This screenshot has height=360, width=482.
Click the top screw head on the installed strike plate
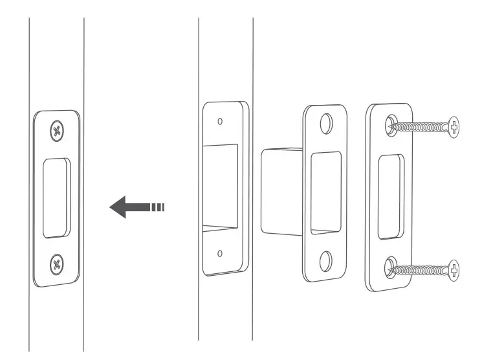pyautogui.click(x=57, y=132)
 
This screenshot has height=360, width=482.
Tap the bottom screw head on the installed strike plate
pyautogui.click(x=57, y=263)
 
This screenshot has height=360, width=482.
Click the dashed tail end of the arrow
pyautogui.click(x=159, y=207)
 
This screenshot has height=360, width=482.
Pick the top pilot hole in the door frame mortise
pyautogui.click(x=220, y=121)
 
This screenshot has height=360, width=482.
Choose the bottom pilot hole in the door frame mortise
pyautogui.click(x=220, y=253)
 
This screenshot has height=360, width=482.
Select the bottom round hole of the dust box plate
pyautogui.click(x=327, y=260)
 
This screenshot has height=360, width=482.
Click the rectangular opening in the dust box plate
pyautogui.click(x=326, y=192)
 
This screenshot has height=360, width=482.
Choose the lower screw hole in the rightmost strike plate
pyautogui.click(x=391, y=265)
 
